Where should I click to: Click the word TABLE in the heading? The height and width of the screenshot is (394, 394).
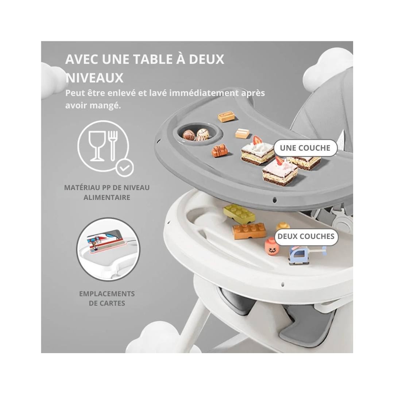pyautogui.click(x=152, y=59)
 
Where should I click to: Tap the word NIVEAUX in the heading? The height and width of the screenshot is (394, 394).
pyautogui.click(x=94, y=78)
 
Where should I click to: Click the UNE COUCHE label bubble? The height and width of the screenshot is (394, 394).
pyautogui.click(x=305, y=148)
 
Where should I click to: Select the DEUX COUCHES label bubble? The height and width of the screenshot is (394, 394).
pyautogui.click(x=306, y=236)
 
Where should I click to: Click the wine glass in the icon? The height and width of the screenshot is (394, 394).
pyautogui.click(x=97, y=146)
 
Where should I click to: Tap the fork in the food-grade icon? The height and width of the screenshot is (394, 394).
pyautogui.click(x=113, y=145)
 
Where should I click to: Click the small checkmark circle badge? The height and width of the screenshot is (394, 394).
pyautogui.click(x=125, y=167)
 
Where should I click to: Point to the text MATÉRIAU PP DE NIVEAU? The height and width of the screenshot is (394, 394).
pyautogui.click(x=107, y=188)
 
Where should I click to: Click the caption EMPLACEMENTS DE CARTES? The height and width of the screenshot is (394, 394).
pyautogui.click(x=107, y=298)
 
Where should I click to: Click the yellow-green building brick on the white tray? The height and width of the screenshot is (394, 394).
pyautogui.click(x=239, y=214)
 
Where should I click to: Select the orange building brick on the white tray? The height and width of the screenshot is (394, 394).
pyautogui.click(x=249, y=231)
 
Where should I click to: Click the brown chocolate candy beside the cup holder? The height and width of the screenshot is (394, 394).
pyautogui.click(x=220, y=151)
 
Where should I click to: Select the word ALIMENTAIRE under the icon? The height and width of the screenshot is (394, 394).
pyautogui.click(x=107, y=197)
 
